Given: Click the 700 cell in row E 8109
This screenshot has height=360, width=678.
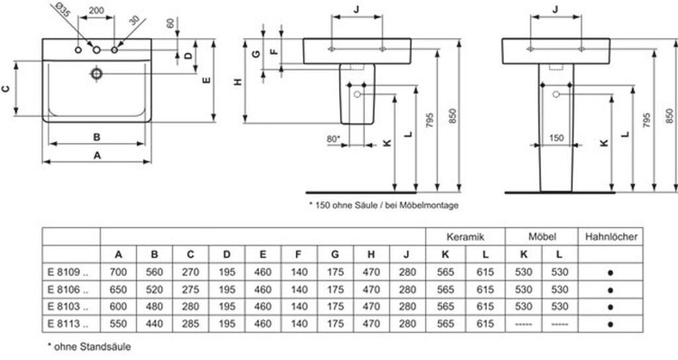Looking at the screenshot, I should (119, 272).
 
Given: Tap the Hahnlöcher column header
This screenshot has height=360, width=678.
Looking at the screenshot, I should (610, 236).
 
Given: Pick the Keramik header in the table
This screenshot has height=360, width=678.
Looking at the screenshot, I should (465, 236).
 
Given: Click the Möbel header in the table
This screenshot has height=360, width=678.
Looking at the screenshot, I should (542, 236).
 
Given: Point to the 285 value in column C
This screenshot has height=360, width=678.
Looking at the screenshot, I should (191, 324).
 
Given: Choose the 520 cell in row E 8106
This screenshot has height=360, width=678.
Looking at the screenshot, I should (154, 289).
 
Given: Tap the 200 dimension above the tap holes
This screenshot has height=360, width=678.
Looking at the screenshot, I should (97, 11).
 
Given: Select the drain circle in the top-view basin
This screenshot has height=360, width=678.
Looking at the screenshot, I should (97, 72).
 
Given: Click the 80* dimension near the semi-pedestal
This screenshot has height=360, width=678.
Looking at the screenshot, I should (333, 139).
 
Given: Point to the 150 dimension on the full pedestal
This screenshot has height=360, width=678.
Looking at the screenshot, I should (556, 138).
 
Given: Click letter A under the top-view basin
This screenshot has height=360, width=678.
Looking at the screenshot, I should (97, 156).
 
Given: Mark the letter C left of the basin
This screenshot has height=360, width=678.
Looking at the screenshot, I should (6, 88).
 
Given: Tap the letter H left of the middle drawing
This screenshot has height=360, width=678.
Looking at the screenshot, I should (238, 82).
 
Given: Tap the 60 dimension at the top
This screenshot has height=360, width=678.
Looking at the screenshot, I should (170, 23).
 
